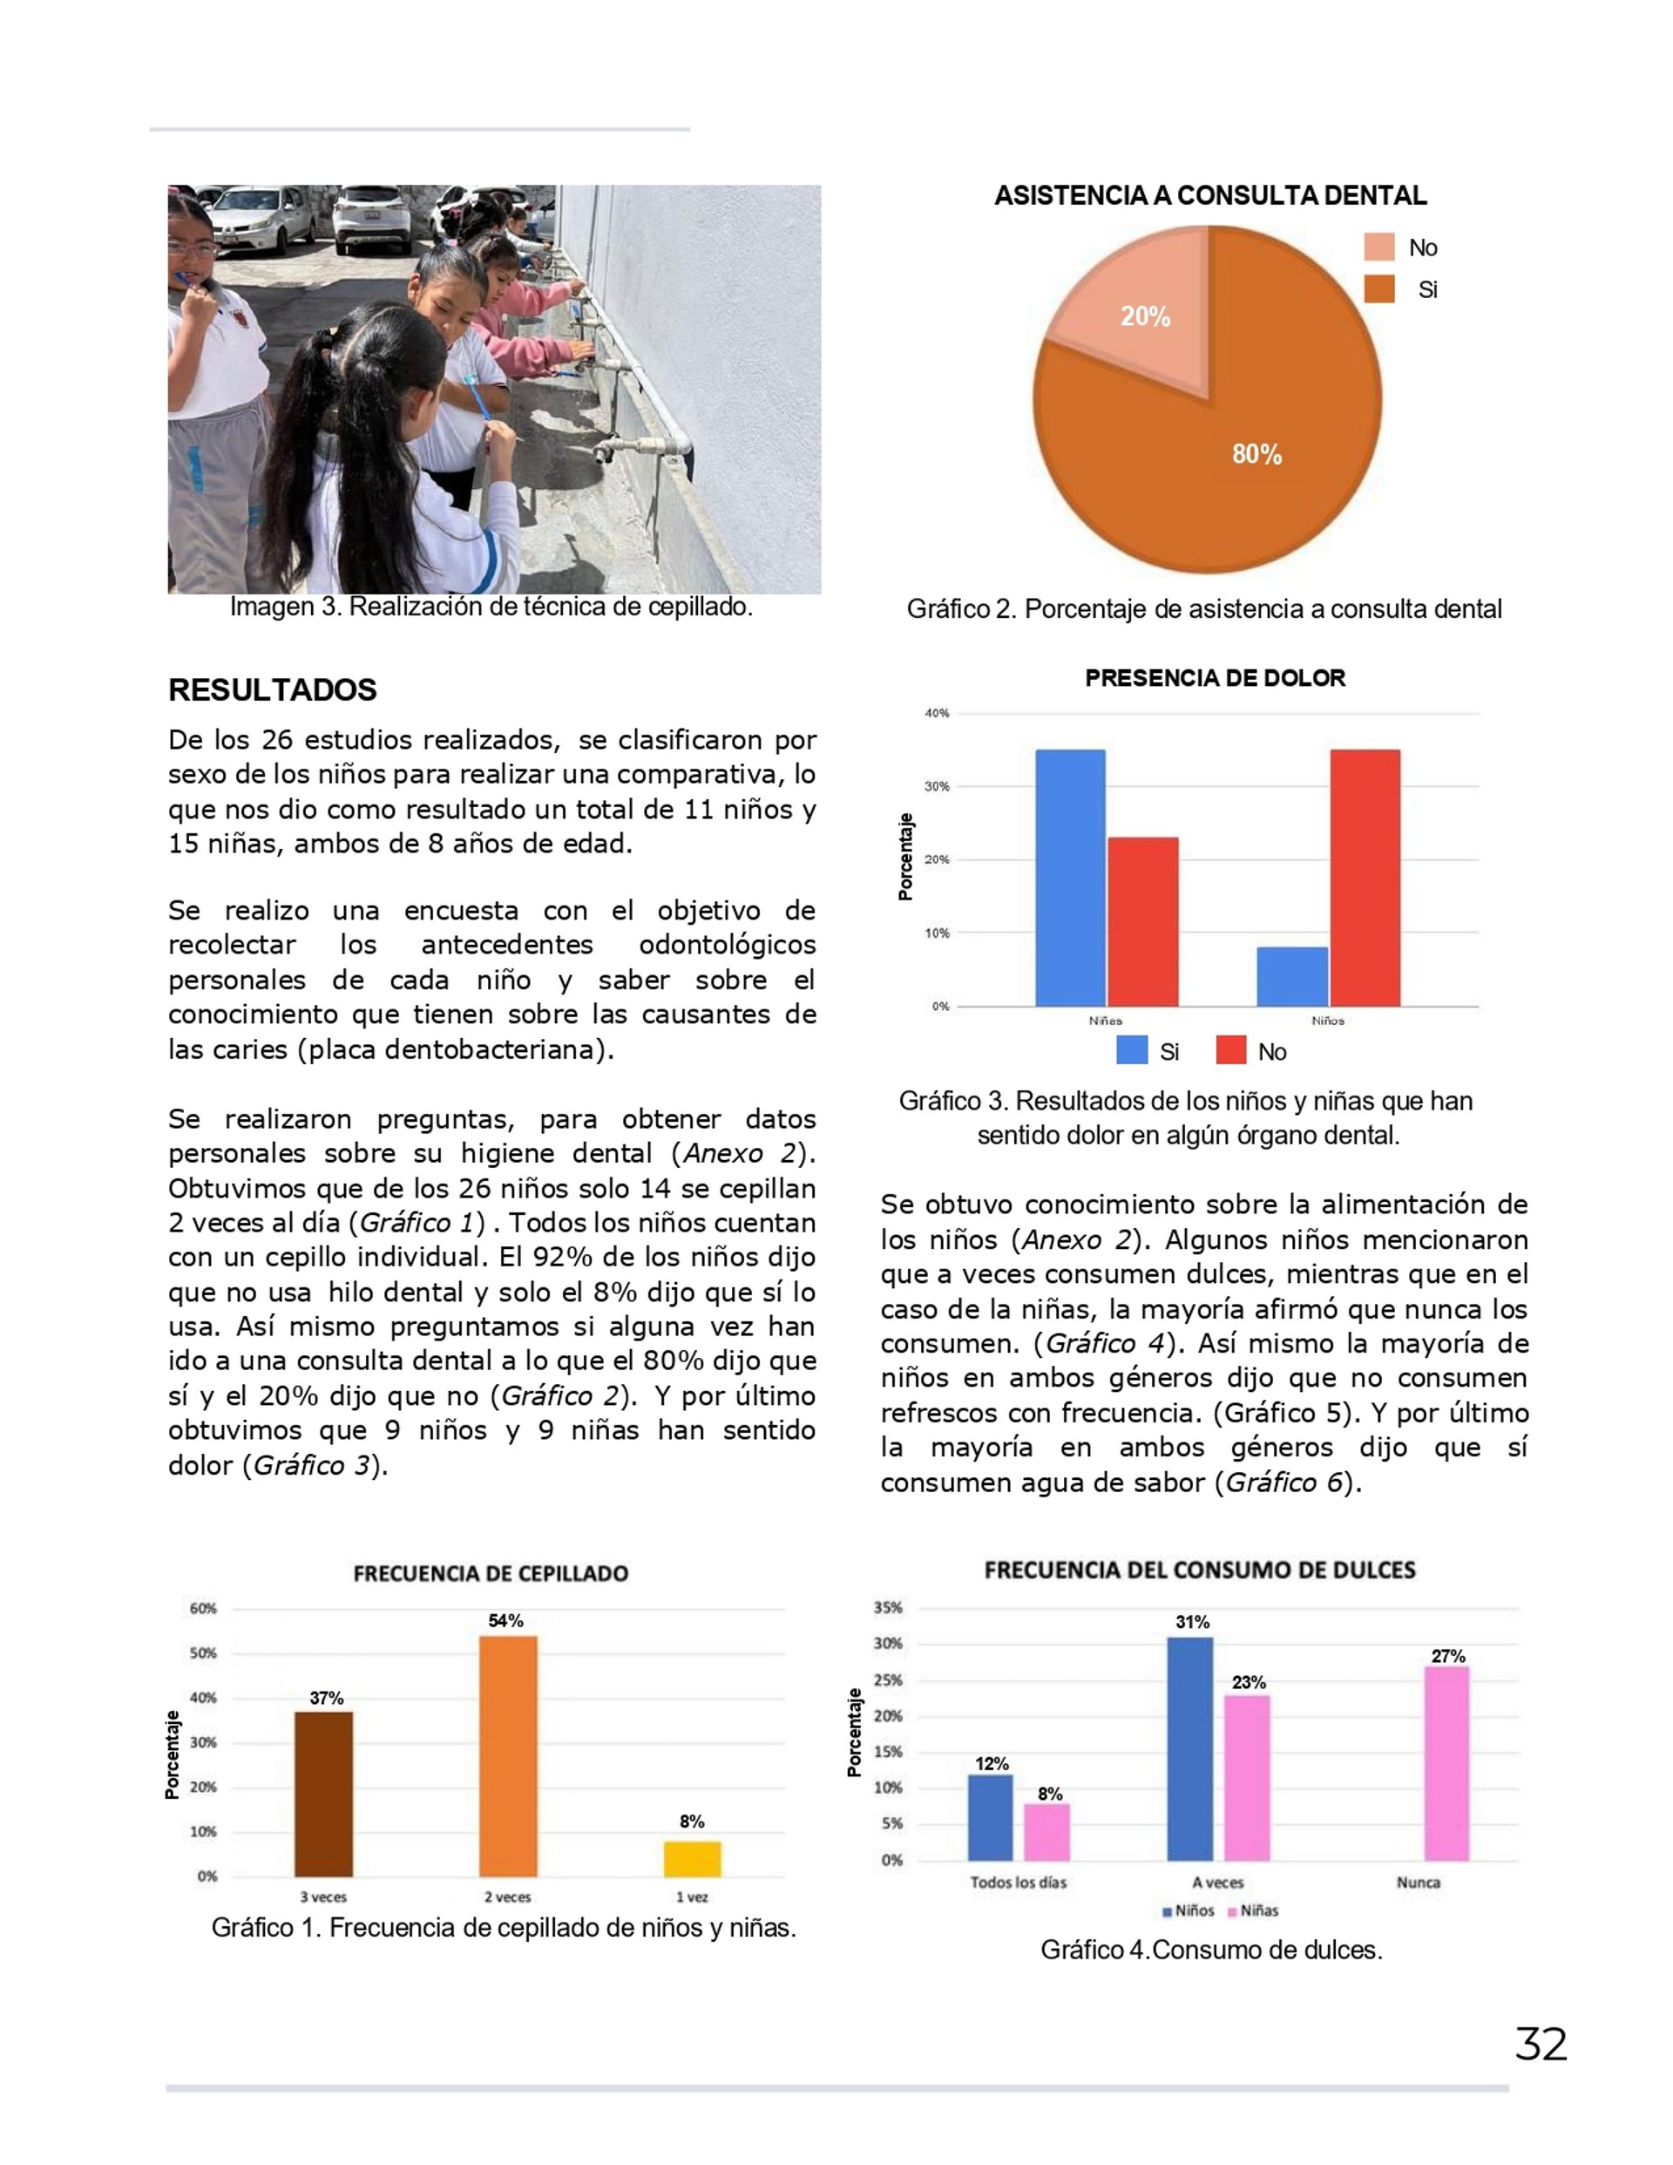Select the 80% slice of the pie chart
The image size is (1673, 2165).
coord(1229,466)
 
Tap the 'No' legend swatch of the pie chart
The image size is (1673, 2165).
coord(1378,247)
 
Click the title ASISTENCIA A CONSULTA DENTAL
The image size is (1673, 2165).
coord(1210,195)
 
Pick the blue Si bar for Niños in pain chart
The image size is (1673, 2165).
coord(1291,976)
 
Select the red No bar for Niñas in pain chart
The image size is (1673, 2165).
coord(1142,922)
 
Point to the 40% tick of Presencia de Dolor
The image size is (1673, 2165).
coord(937,713)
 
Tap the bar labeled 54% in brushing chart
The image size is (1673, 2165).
coord(509,1755)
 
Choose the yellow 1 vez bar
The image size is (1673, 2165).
coord(692,1859)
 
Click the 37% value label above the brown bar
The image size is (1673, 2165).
coord(326,1698)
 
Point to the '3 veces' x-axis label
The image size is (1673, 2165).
coord(323,1897)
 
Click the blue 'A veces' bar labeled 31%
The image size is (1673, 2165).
coord(1189,1748)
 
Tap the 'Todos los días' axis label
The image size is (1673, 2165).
coord(1018,1882)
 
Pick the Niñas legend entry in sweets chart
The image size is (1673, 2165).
coord(1253,1910)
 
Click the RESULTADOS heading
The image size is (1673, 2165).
coord(273,690)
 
